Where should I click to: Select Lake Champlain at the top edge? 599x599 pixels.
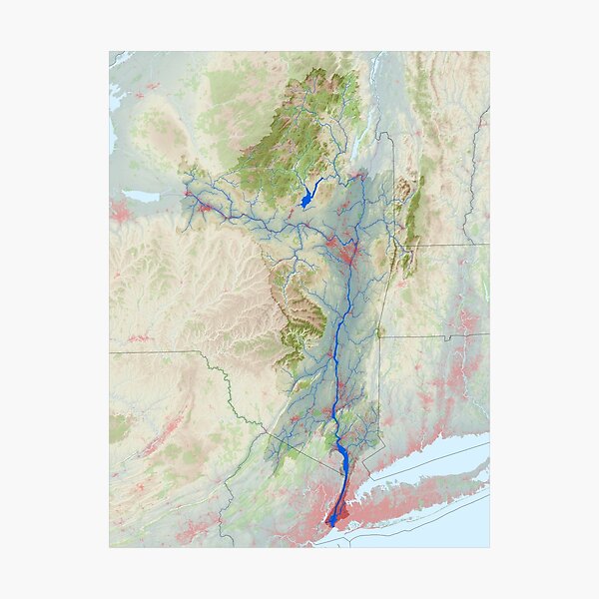376,70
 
